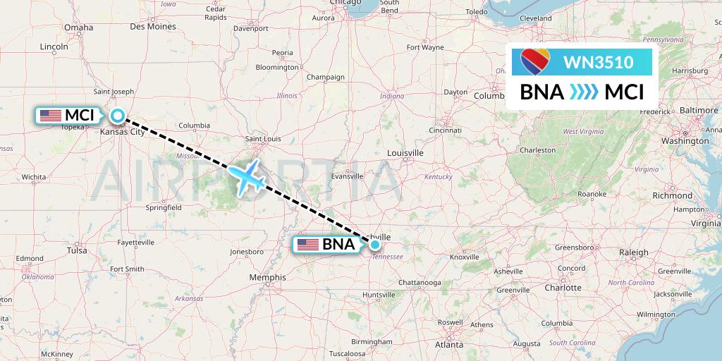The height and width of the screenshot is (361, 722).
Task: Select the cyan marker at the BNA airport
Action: tap(375, 245)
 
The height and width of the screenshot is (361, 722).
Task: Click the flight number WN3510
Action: tap(598, 62)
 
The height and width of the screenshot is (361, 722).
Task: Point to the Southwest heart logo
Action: tap(534, 63)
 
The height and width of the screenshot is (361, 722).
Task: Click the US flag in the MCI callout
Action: tap(51, 116)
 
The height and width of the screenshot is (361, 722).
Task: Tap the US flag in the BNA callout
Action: tap(308, 245)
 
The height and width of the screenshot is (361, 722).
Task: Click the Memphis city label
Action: tap(267, 278)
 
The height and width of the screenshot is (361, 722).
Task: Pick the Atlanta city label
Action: tap(448, 345)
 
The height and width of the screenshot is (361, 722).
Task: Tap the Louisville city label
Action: tap(405, 152)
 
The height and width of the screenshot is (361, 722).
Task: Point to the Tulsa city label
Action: tap(76, 250)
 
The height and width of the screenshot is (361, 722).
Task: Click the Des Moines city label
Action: tap(153, 27)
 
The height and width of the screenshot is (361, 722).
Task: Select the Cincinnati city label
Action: tap(444, 130)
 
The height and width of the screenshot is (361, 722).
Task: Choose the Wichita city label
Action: tap(33, 176)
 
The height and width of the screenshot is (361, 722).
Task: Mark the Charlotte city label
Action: tap(563, 288)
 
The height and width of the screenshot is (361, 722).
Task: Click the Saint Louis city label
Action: tap(262, 139)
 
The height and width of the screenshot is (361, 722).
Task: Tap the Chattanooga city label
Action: tap(419, 283)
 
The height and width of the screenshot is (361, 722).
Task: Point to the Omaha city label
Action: tap(78, 27)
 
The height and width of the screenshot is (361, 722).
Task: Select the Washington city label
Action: tap(684, 141)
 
